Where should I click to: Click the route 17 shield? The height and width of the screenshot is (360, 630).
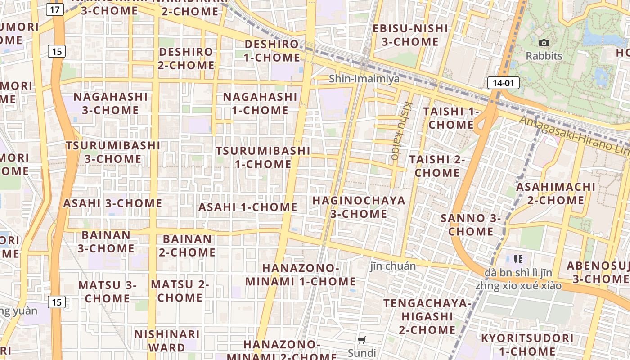pyautogui.click(x=54, y=9)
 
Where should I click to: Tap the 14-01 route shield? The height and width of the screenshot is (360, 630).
pyautogui.click(x=503, y=83)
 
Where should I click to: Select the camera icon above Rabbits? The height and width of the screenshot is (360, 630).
pyautogui.click(x=544, y=43)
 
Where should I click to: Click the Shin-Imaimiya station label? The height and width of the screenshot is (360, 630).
pyautogui.click(x=364, y=79)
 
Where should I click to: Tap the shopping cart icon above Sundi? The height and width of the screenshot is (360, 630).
pyautogui.click(x=362, y=340)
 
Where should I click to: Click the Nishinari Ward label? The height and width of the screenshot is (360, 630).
pyautogui.click(x=167, y=341)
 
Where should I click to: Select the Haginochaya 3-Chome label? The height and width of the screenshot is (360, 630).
pyautogui.click(x=359, y=207)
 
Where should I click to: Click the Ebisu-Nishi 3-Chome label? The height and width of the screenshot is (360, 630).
pyautogui.click(x=410, y=35)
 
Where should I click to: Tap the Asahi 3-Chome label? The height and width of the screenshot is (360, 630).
pyautogui.click(x=112, y=203)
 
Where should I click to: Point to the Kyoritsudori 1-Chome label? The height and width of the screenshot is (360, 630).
pyautogui.click(x=527, y=344)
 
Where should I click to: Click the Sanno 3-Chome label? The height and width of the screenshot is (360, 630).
pyautogui.click(x=471, y=225)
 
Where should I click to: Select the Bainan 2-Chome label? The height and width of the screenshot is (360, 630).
pyautogui.click(x=187, y=245)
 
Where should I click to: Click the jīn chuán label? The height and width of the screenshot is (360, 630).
pyautogui.click(x=393, y=266)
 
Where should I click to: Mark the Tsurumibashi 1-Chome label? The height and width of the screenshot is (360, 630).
pyautogui.click(x=263, y=157)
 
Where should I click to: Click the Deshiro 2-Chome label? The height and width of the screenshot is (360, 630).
pyautogui.click(x=186, y=58)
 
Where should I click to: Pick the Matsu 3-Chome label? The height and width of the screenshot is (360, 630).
pyautogui.click(x=107, y=292)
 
